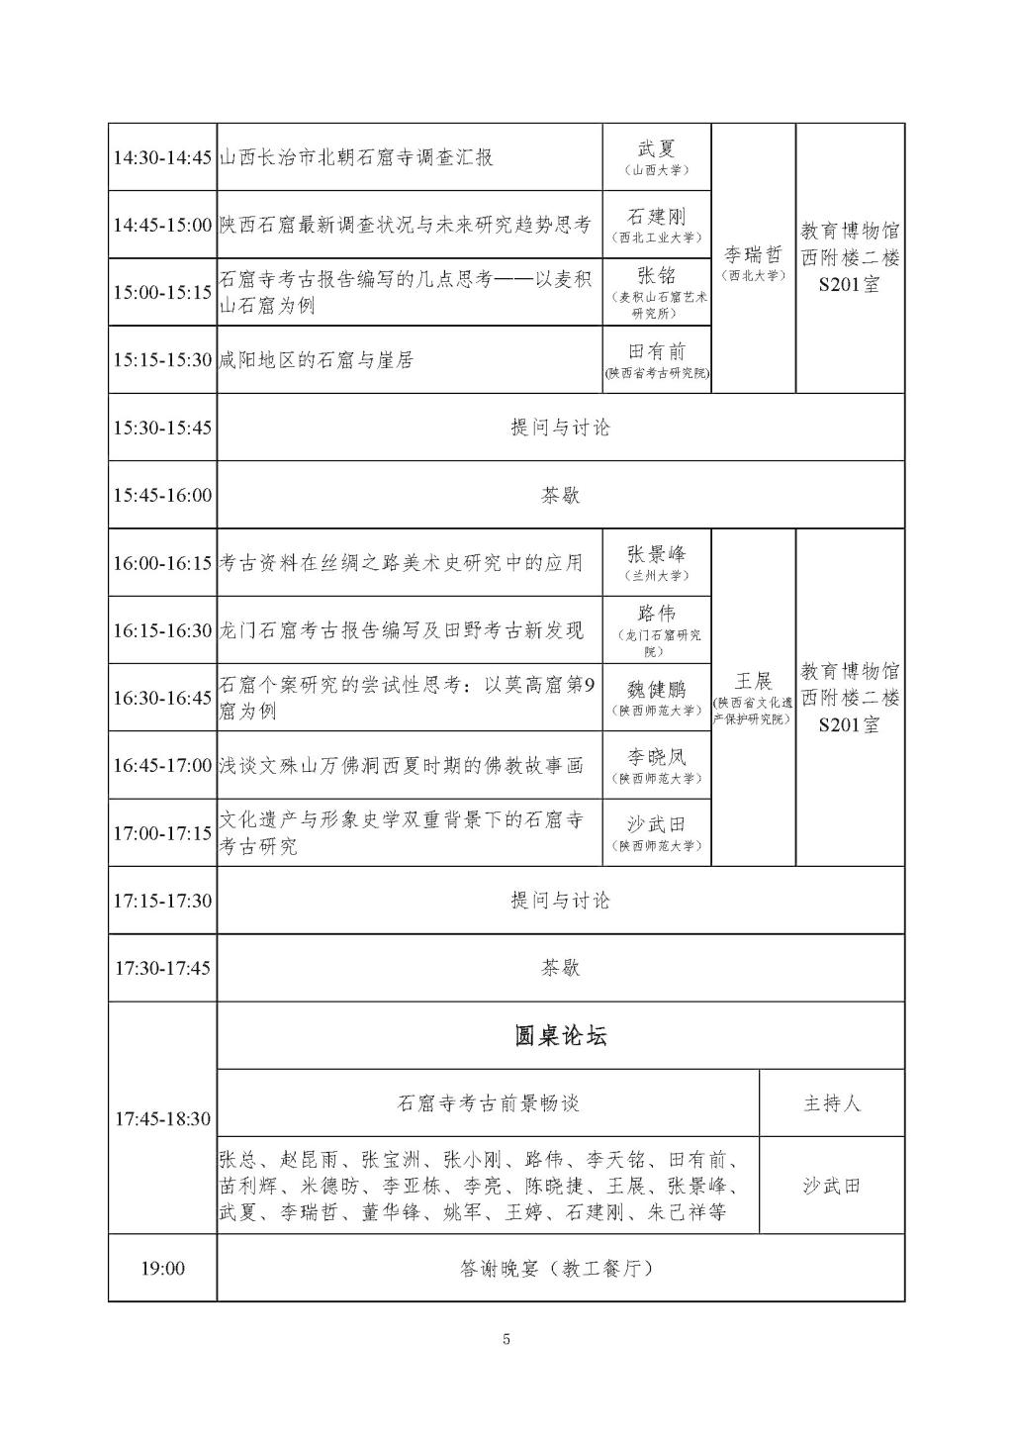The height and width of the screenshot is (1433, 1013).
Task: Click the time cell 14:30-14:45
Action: (x=162, y=157)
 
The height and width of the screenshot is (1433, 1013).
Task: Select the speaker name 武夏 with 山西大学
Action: (x=657, y=149)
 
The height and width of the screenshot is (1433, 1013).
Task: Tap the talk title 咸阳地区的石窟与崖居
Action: (x=317, y=360)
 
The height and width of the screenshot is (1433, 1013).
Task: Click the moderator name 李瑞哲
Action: (x=754, y=254)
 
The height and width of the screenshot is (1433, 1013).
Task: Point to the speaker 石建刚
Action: (x=657, y=217)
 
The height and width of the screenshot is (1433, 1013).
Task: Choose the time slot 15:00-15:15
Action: (x=162, y=293)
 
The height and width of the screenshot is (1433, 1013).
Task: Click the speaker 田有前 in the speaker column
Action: (x=657, y=352)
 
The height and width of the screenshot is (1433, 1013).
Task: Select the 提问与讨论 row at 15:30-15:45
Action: (x=560, y=428)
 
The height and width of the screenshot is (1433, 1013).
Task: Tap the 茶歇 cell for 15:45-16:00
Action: (x=560, y=495)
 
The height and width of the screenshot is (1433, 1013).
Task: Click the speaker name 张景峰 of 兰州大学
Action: (x=657, y=555)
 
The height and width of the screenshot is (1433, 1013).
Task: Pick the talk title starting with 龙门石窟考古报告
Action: (x=402, y=630)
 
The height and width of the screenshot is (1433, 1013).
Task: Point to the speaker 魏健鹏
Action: (x=657, y=690)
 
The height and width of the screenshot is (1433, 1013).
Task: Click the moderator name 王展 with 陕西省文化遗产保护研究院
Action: (x=754, y=682)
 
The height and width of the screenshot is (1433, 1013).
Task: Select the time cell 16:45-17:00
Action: (x=162, y=766)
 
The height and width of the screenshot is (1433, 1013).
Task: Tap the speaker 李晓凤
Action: (x=657, y=758)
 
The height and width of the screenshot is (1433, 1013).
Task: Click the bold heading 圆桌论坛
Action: (x=560, y=1036)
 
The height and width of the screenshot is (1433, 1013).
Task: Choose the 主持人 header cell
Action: (x=832, y=1103)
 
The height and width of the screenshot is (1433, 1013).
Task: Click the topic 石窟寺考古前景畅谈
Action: (x=488, y=1103)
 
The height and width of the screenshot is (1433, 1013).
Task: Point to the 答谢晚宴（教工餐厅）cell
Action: (x=560, y=1269)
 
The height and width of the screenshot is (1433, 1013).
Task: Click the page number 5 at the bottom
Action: (x=506, y=1340)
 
